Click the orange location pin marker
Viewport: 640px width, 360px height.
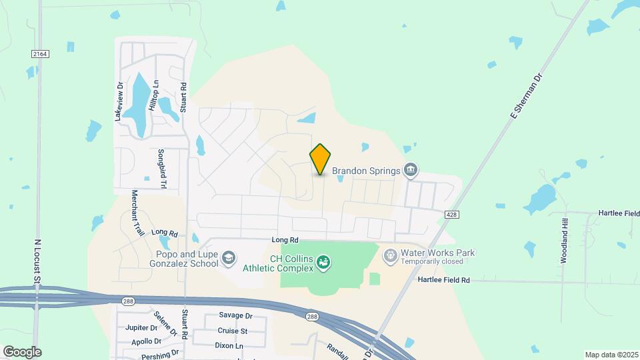click(320, 159)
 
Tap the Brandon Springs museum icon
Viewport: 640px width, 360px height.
click(411, 171)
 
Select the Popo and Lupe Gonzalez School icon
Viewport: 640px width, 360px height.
click(229, 259)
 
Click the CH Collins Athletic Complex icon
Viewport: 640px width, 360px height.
click(323, 263)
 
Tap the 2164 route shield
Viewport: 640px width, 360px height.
click(39, 53)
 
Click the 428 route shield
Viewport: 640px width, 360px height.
click(452, 213)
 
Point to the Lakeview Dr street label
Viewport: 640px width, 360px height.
click(121, 100)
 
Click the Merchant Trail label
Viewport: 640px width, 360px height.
click(137, 213)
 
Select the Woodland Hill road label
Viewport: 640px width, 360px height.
click(564, 241)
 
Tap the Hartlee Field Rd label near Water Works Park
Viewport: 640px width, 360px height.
click(444, 281)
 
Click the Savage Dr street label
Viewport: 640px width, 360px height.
click(235, 315)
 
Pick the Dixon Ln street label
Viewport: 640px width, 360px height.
click(229, 346)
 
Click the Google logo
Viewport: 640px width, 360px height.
click(22, 352)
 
